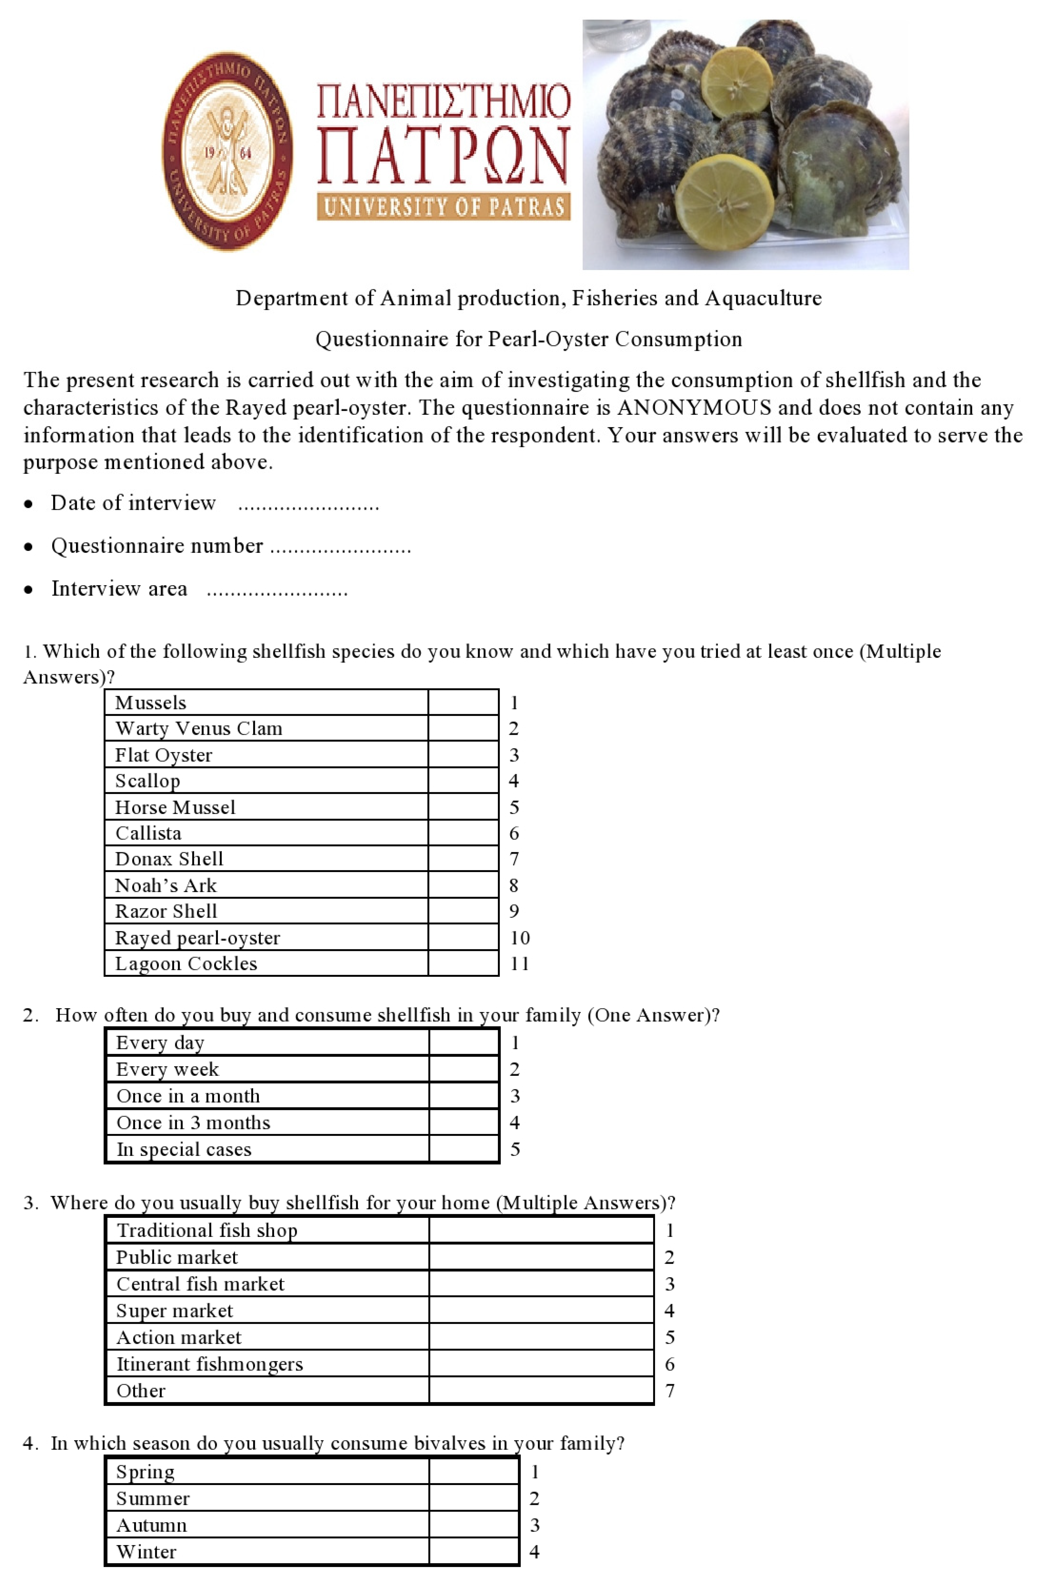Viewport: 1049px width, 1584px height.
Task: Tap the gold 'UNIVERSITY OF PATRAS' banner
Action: point(443,207)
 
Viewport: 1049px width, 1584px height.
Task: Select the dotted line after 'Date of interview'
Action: point(308,505)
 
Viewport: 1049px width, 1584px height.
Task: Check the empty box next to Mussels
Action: point(463,702)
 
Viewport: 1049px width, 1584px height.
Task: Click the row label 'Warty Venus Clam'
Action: point(199,728)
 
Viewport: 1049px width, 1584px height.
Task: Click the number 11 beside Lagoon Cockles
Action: point(519,964)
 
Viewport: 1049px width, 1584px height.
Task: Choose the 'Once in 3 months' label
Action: point(193,1122)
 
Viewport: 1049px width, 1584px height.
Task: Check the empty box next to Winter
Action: point(474,1551)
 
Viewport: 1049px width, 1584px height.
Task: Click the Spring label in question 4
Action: point(145,1472)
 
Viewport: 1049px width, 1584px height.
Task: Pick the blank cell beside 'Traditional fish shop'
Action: point(540,1230)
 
